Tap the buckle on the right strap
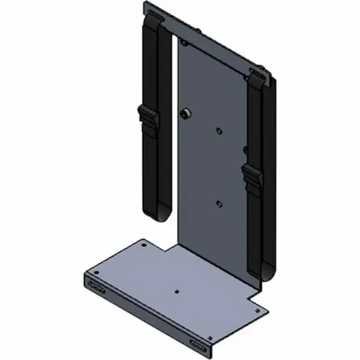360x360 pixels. pos(253,175)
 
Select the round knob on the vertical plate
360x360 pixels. pos(185,114)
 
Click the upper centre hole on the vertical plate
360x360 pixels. pos(219,131)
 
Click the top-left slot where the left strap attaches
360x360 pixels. pos(154,14)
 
